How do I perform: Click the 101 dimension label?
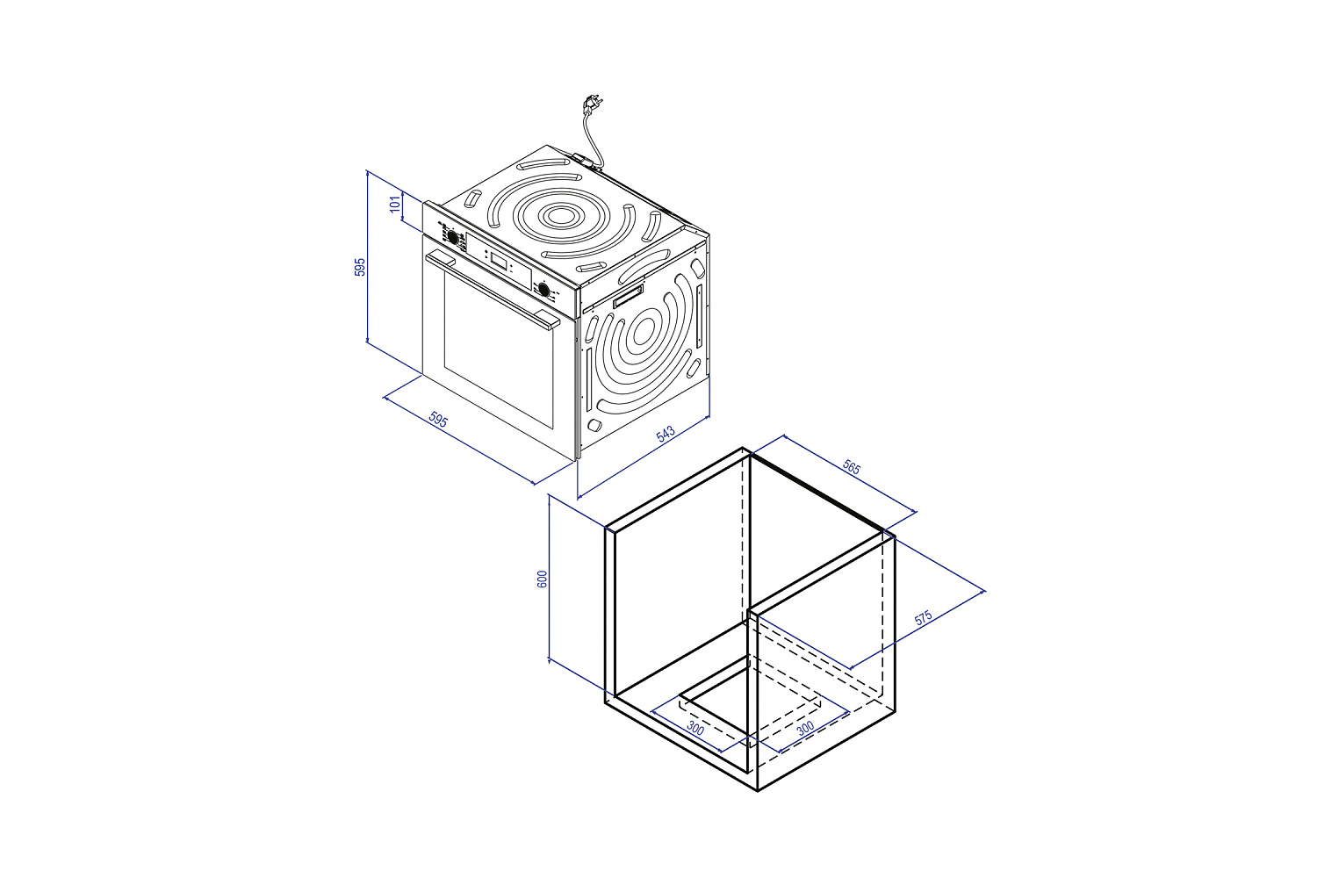click(x=395, y=204)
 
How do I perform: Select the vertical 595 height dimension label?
click(x=360, y=267)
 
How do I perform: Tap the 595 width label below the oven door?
click(x=438, y=420)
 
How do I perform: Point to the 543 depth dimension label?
click(x=666, y=434)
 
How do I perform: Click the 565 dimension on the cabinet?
click(x=852, y=467)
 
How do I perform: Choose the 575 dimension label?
click(x=923, y=617)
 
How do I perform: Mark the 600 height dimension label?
click(x=542, y=579)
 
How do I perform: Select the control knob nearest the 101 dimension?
click(x=453, y=237)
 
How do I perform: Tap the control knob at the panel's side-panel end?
click(x=544, y=289)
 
